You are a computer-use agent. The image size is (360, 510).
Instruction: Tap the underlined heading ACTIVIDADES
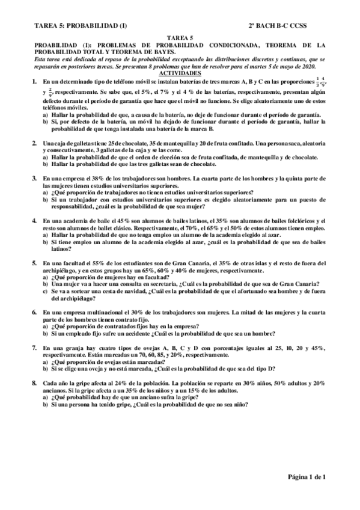(180, 72)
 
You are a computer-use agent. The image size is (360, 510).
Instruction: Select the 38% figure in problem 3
(96, 179)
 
